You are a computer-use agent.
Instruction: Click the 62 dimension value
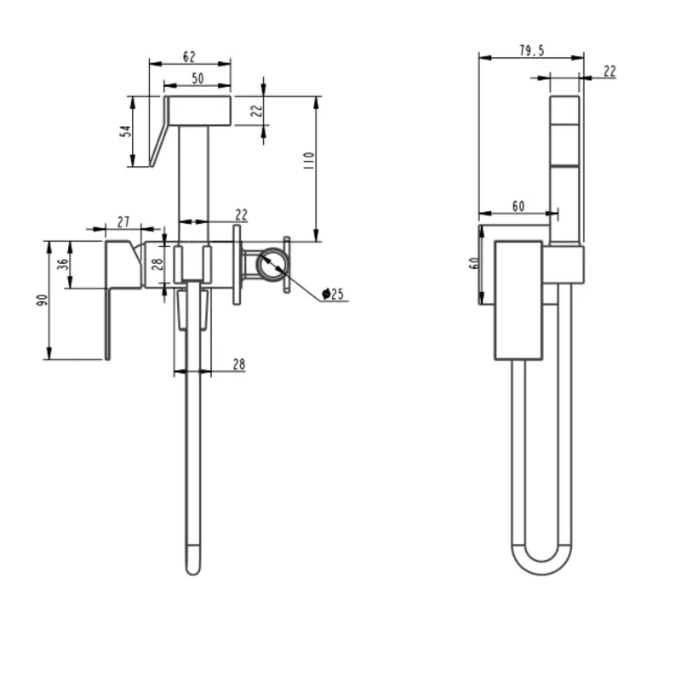189,56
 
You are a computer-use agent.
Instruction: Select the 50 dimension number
197,78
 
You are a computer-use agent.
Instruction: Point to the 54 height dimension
125,131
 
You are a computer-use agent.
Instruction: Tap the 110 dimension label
309,160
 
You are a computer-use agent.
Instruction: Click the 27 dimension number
123,221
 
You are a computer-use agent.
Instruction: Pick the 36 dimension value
63,264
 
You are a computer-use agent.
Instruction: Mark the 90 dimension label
42,300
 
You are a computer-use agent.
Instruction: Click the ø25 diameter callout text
333,294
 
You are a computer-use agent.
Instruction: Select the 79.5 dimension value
532,50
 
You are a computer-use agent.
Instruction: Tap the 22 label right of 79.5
609,71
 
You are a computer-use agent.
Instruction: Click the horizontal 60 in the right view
518,206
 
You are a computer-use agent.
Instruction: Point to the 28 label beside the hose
239,364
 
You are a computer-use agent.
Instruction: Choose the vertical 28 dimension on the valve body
157,264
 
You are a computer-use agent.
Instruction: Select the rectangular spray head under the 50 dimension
199,111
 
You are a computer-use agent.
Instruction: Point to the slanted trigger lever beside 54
158,131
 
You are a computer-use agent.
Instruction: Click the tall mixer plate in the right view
518,300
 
